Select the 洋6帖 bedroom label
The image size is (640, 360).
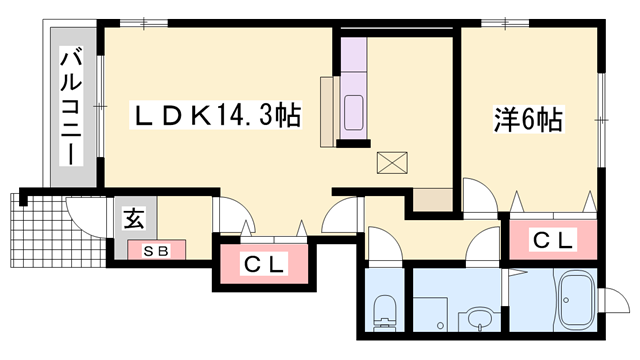(x=528, y=121)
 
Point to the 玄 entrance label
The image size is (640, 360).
(x=133, y=218)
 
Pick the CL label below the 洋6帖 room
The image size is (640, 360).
(x=552, y=240)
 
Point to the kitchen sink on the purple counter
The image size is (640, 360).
(x=355, y=112)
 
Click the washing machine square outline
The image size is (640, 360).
(x=430, y=314)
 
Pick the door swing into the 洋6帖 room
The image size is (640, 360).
(x=479, y=193)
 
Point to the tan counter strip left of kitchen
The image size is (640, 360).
(x=327, y=110)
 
